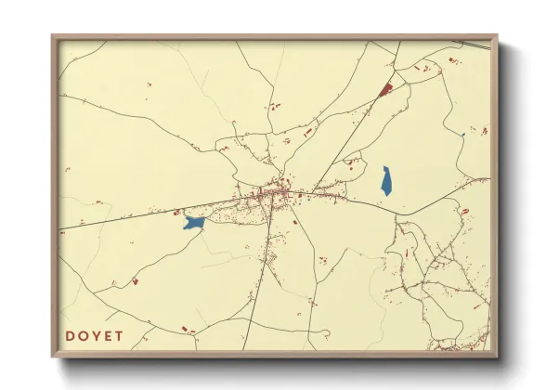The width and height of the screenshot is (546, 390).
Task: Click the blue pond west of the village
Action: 193,223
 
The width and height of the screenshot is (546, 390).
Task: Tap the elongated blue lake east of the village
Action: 386,180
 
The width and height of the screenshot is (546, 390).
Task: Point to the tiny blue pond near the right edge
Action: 461,136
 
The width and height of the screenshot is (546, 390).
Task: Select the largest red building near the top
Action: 386,89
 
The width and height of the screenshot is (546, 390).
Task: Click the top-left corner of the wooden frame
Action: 53,36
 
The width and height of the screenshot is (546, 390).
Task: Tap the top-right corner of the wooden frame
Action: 497,36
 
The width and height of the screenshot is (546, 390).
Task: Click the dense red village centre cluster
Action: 277,193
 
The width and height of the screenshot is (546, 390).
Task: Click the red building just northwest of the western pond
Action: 176,211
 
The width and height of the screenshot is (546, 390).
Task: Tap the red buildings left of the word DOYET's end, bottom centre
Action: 185,329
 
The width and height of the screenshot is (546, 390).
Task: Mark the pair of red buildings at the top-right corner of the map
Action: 454,61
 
